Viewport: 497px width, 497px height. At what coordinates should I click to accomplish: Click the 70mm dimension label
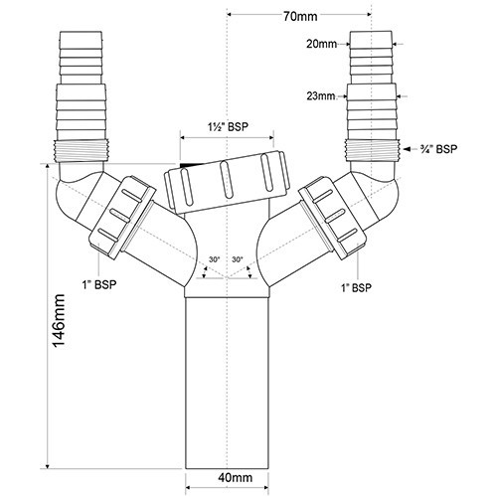click(x=300, y=16)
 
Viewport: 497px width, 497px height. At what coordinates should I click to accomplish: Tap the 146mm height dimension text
click(x=60, y=321)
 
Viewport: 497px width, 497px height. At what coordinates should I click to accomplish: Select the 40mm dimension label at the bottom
click(x=236, y=477)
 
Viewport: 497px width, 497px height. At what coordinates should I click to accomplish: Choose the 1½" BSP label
click(x=228, y=127)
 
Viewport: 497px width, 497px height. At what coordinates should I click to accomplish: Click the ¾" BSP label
click(x=436, y=149)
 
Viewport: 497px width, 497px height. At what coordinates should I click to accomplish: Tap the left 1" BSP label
click(x=99, y=284)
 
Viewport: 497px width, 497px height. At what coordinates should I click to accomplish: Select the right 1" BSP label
click(x=357, y=287)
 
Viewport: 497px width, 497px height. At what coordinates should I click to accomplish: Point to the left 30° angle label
click(x=214, y=259)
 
